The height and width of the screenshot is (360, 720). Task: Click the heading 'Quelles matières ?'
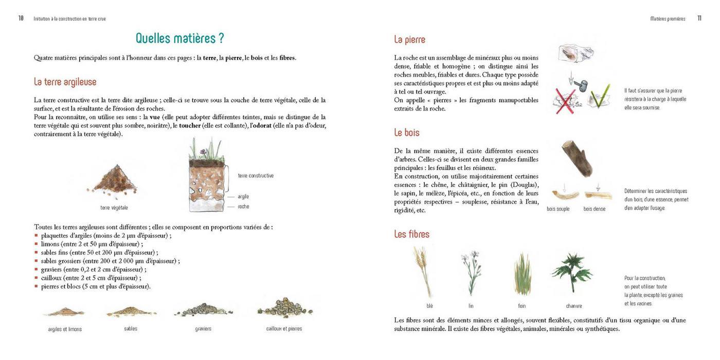point(179,39)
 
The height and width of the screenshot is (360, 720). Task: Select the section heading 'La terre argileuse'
point(65,82)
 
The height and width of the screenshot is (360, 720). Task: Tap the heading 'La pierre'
point(409,40)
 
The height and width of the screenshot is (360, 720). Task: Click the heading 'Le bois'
point(407,133)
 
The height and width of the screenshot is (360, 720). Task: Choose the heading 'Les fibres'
point(411,234)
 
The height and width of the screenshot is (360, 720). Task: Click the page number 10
point(21,19)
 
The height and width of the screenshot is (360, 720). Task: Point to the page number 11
point(699,19)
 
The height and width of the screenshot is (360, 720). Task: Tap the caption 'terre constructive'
point(256,176)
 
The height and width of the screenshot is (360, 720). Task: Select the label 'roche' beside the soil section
point(243,207)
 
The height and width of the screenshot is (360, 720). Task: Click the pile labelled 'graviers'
point(203,310)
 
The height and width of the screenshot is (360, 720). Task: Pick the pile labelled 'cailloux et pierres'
point(284,308)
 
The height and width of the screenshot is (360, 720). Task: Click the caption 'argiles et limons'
point(65,329)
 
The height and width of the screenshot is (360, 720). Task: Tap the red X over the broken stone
point(565,99)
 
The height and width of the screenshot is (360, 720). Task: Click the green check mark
point(600,97)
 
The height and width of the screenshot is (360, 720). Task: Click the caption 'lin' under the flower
point(471,306)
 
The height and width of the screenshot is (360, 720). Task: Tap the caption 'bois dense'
point(594,209)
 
